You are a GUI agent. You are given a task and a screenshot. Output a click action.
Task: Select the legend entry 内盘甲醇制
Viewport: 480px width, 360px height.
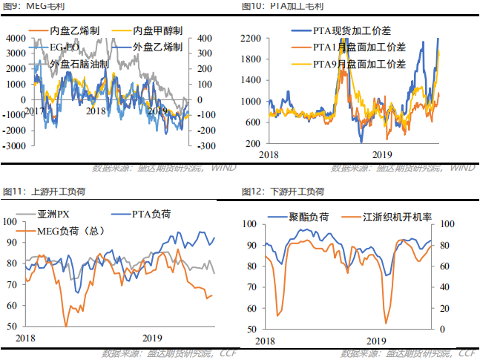click(x=157, y=33)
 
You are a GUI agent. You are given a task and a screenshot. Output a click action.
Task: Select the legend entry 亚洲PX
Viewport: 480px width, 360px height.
click(x=53, y=215)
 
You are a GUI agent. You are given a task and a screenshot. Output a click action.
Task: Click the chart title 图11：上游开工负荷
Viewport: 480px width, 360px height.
click(x=44, y=192)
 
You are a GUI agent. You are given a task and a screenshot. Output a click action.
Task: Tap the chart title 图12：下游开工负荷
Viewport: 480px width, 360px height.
click(x=283, y=192)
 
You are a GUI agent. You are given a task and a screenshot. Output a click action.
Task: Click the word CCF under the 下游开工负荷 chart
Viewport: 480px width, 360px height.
click(x=467, y=353)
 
